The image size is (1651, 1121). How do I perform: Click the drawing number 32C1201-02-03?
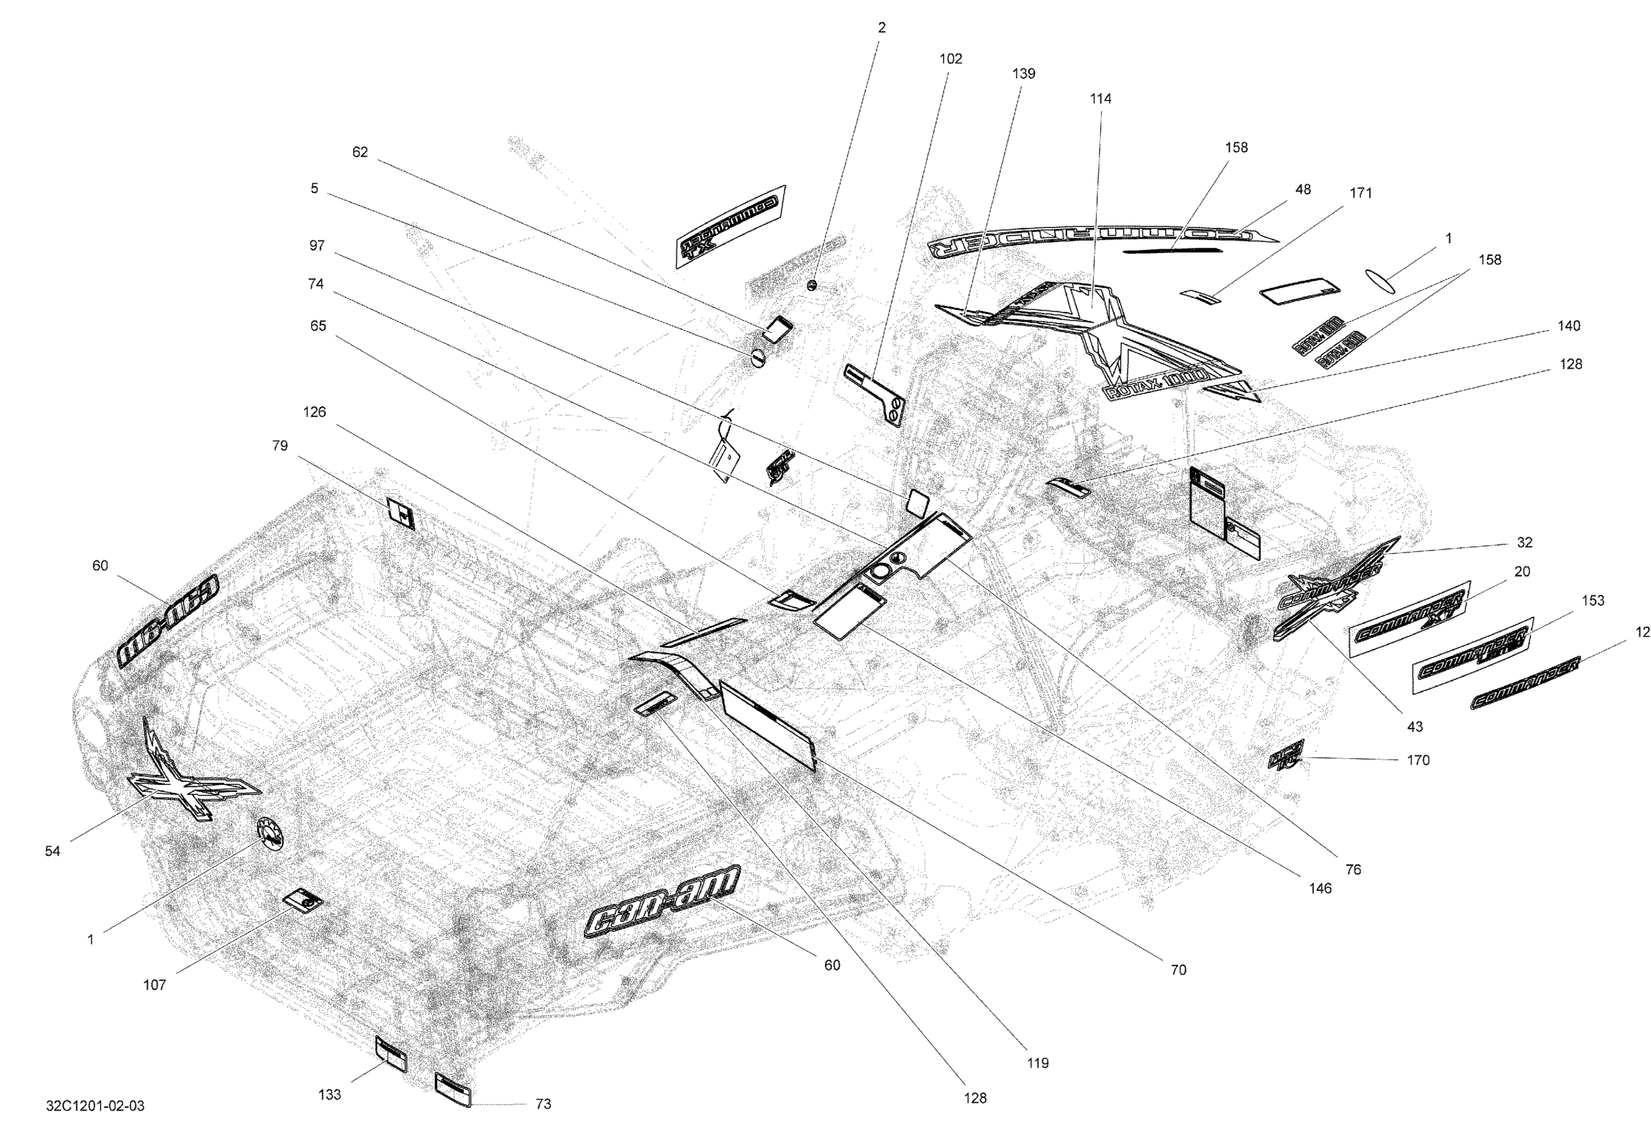coord(95,1105)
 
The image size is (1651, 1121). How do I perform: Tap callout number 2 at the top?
coord(882,28)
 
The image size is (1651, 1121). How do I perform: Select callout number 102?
coord(950,59)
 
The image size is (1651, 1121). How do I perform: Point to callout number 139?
coord(1024,74)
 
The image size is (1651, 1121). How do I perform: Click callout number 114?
coord(1100,100)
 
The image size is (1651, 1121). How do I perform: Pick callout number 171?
coord(1360,193)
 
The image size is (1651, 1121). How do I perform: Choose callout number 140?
coord(1569,326)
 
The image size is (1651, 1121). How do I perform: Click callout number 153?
coord(1593,601)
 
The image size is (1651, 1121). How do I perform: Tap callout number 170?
coord(1418,760)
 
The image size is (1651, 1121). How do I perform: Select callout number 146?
coord(1320,889)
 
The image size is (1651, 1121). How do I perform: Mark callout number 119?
coord(1037,1064)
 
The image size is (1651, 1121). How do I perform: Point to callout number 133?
coord(330,1095)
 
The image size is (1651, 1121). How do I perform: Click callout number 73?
coord(543,1104)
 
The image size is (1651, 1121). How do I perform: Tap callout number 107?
coord(155,985)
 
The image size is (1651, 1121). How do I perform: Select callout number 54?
coord(53,852)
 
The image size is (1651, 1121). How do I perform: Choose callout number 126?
coord(314,413)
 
